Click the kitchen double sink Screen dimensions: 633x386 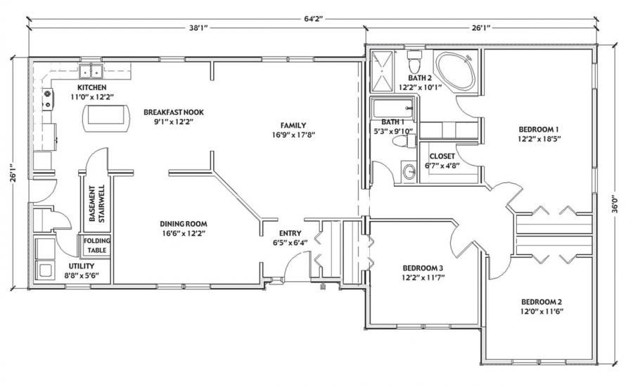pos(91,71)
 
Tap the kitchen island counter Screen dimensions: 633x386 pos(106,118)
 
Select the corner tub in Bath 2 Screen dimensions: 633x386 pos(454,71)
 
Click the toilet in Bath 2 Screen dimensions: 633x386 pos(414,61)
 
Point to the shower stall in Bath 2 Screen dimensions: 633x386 pos(381,72)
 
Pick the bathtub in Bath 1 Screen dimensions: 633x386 pos(392,108)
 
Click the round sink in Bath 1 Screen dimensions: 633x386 pos(409,172)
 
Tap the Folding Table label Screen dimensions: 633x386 pos(97,245)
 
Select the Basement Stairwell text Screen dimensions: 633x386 pos(97,204)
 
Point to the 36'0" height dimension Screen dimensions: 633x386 pos(613,204)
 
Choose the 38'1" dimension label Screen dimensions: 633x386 pos(198,28)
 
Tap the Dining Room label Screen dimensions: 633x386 pos(184,224)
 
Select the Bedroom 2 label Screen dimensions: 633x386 pos(542,302)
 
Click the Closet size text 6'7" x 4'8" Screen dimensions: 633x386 pos(442,166)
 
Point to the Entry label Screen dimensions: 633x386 pos(290,233)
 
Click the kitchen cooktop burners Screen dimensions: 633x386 pos(48,99)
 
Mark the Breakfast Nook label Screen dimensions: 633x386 pos(174,112)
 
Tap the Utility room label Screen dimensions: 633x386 pos(81,266)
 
